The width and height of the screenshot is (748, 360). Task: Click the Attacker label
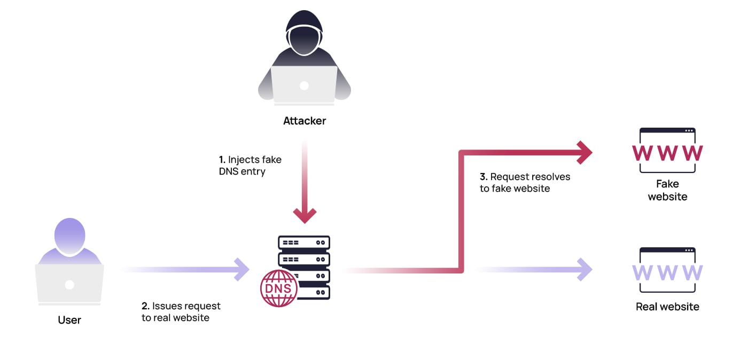[304, 121]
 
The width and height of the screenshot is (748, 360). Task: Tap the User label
[69, 320]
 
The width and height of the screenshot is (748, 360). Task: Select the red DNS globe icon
[279, 288]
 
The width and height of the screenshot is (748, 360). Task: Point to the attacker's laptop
[304, 84]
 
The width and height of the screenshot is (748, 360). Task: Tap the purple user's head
[69, 235]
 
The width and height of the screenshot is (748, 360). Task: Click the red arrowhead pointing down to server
[305, 215]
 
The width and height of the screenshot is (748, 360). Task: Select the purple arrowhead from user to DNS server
[241, 269]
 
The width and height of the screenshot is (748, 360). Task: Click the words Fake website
[667, 190]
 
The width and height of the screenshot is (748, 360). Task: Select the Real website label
[667, 307]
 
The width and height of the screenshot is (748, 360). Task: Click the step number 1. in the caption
[222, 160]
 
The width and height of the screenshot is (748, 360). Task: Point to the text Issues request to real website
[181, 312]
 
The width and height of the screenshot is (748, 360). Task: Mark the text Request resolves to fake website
[525, 182]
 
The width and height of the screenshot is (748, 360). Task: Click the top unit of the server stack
[304, 242]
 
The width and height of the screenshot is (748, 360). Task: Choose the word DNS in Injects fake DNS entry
[228, 171]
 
